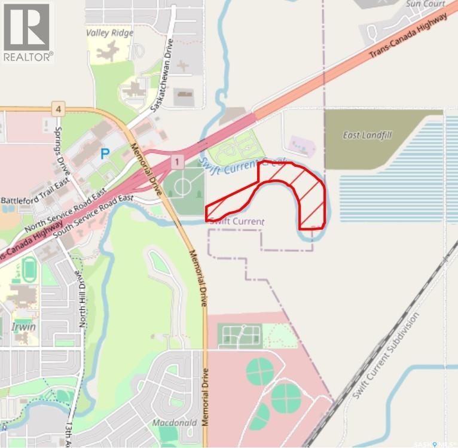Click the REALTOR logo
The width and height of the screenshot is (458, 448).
pyautogui.click(x=28, y=32)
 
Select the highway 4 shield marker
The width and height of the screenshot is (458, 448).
pyautogui.click(x=57, y=109)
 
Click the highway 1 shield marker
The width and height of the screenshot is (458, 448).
pyautogui.click(x=176, y=161)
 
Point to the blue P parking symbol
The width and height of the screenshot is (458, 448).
pyautogui.click(x=105, y=154)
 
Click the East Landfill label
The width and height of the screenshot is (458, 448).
pyautogui.click(x=367, y=135)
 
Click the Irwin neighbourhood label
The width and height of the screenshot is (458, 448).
pyautogui.click(x=23, y=327)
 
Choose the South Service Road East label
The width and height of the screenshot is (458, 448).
pyautogui.click(x=93, y=216)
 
